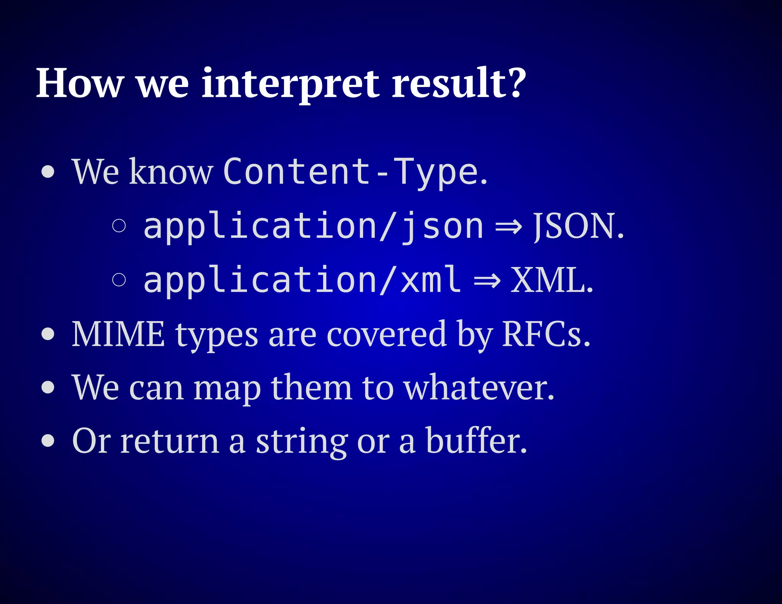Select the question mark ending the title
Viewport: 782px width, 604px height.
point(517,82)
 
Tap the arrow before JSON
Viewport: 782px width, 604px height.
point(508,227)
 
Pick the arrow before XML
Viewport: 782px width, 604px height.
point(486,281)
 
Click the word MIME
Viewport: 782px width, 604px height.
point(118,334)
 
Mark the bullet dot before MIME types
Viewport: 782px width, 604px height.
point(48,334)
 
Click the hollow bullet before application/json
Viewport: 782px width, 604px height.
point(119,226)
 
